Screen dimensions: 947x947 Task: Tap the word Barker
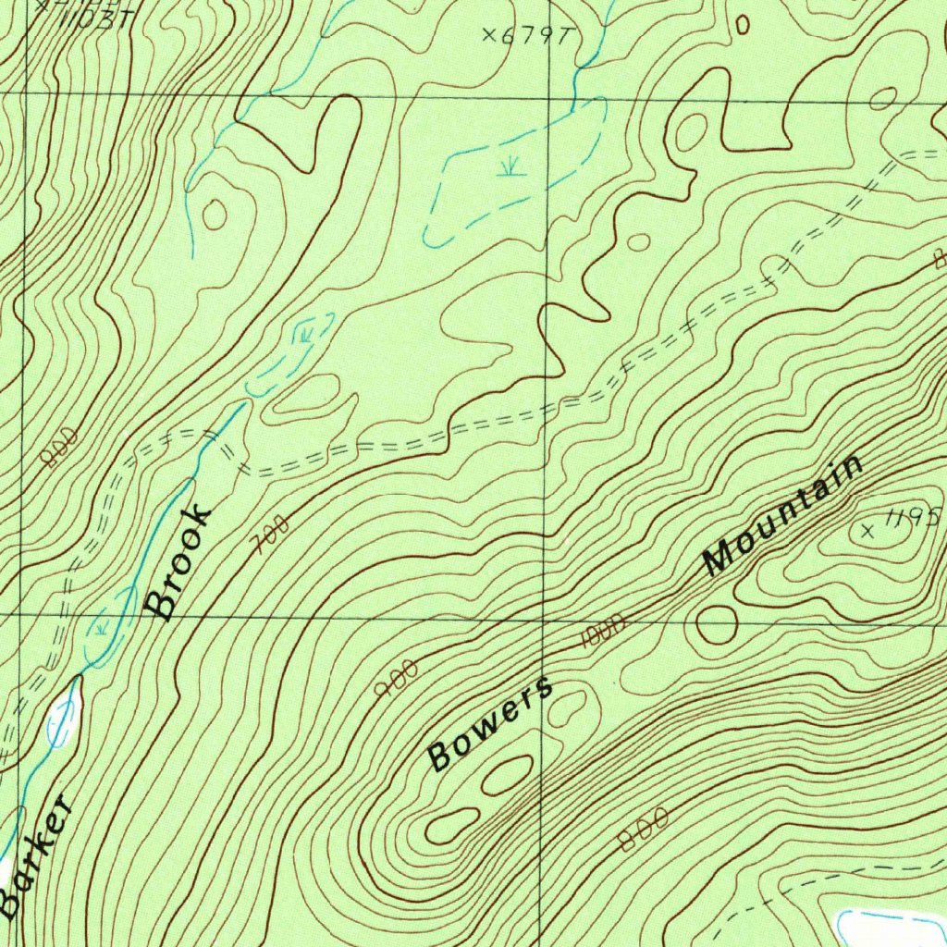point(37,855)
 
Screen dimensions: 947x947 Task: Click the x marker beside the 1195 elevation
point(867,530)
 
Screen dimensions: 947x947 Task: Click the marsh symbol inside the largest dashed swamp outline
point(507,166)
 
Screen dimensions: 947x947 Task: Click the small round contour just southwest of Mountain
point(717,625)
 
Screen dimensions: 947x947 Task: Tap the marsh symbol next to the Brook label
point(101,629)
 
